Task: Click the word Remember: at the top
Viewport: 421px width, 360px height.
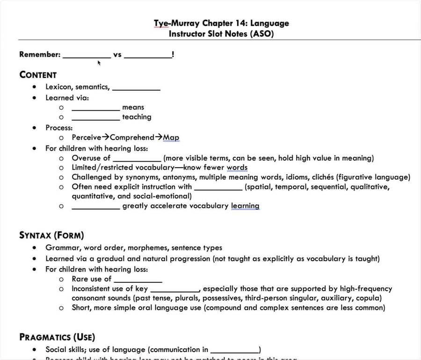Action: coord(40,54)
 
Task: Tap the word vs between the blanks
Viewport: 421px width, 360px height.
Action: coord(117,54)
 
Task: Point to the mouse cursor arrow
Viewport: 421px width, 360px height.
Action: coord(99,63)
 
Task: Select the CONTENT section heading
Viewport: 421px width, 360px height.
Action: coord(38,75)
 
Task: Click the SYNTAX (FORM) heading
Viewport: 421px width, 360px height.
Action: coord(51,235)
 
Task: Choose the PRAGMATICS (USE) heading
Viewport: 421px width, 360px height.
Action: coord(57,337)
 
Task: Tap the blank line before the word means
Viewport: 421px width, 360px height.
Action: coord(95,108)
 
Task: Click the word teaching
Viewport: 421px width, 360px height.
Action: coord(137,117)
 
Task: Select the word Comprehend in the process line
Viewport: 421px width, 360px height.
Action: coord(132,138)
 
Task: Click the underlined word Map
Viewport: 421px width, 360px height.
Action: coord(171,138)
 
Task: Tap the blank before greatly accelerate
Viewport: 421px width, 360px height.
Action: coord(95,206)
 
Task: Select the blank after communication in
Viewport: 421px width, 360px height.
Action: coord(235,350)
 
